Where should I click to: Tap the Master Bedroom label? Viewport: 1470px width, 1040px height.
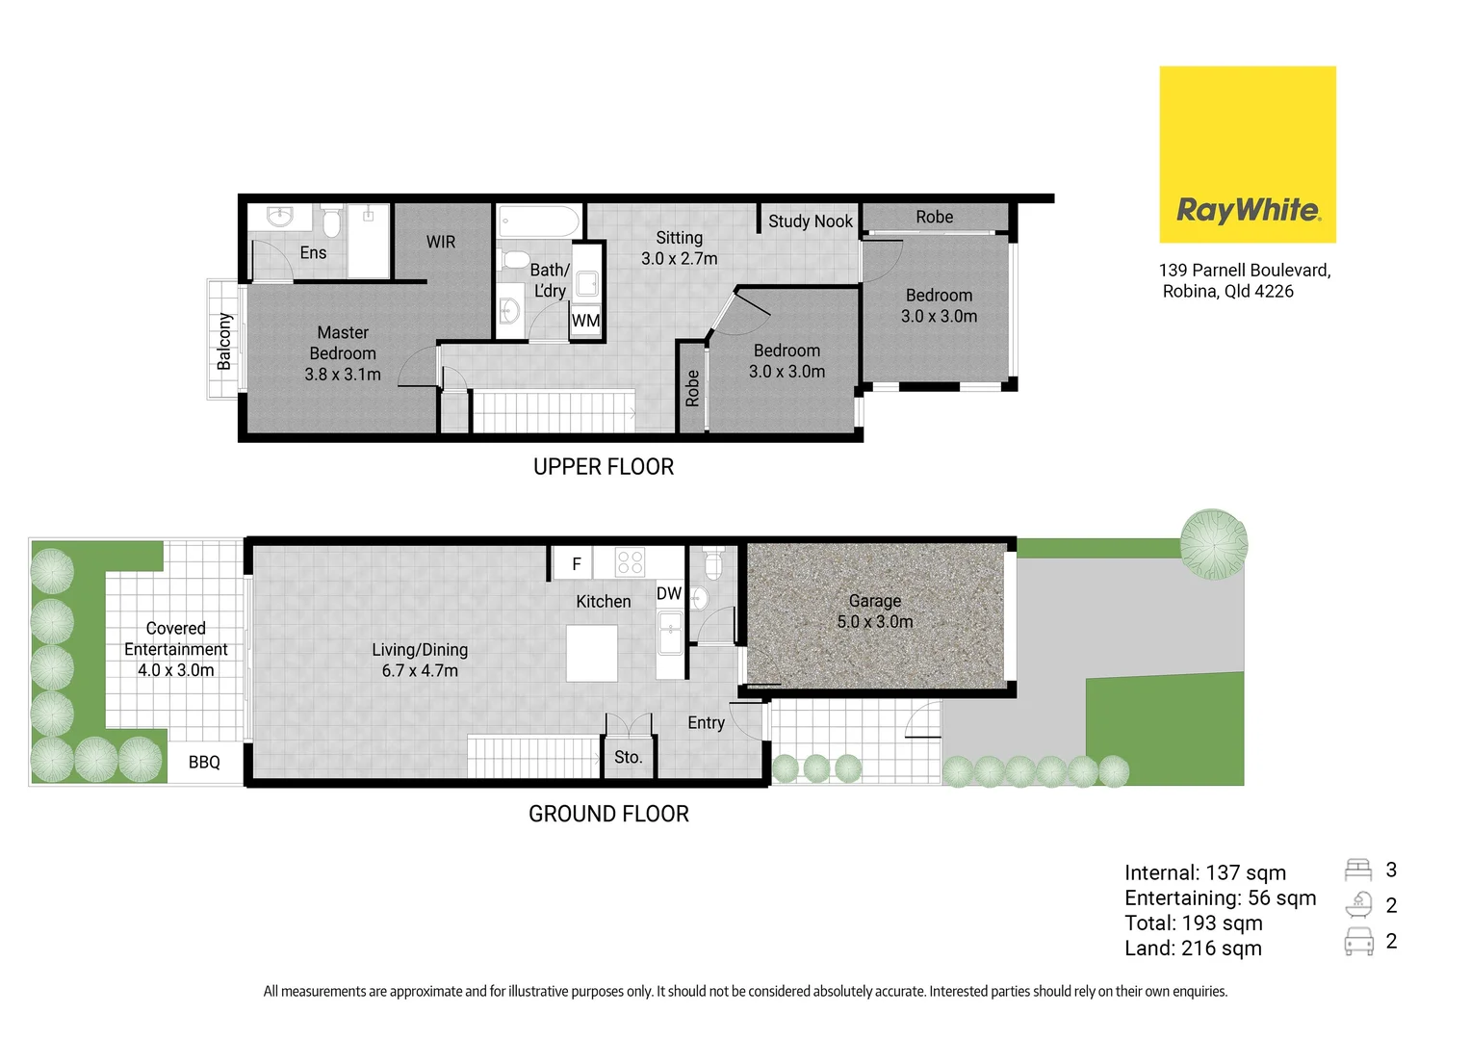[x=343, y=353]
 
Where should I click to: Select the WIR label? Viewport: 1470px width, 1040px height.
[x=441, y=243]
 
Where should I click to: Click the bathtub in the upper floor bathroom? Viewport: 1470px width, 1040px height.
[x=538, y=221]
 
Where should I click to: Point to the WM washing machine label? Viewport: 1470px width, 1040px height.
[x=585, y=321]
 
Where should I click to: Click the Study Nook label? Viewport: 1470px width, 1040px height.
[x=810, y=221]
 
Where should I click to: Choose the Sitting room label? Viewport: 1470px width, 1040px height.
[x=679, y=247]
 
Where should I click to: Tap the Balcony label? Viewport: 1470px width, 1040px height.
[x=224, y=341]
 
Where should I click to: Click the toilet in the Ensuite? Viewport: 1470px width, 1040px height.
[x=331, y=222]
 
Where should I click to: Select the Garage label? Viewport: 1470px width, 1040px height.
[x=874, y=611]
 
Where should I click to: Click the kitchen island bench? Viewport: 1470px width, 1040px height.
[x=591, y=653]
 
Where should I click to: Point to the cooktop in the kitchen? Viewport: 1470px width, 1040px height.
[x=630, y=562]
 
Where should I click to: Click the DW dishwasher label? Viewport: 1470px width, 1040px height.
[x=668, y=594]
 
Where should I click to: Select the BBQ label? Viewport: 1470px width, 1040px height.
[x=204, y=763]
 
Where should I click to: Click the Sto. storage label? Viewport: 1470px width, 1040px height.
[x=628, y=758]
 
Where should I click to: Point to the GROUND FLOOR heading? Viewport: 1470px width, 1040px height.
[x=608, y=815]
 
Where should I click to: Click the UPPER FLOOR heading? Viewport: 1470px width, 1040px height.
[x=604, y=467]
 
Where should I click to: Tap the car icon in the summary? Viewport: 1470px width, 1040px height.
[x=1358, y=942]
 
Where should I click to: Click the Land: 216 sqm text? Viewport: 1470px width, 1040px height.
[x=1193, y=949]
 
